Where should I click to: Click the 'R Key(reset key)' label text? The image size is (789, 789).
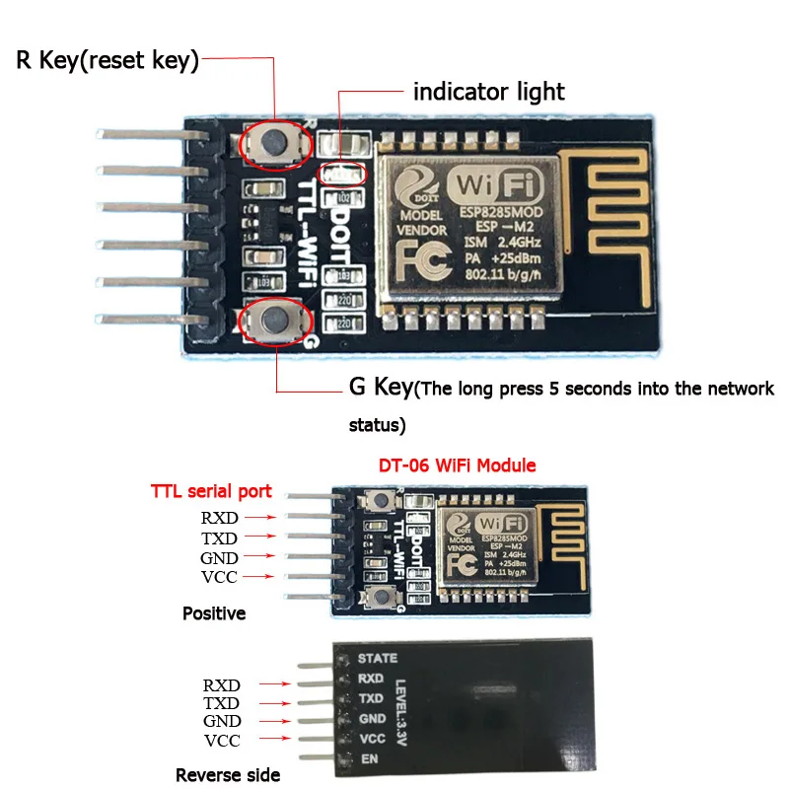tap(108, 61)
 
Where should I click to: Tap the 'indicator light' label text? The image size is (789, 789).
tap(488, 93)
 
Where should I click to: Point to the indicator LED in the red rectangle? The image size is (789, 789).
tap(351, 174)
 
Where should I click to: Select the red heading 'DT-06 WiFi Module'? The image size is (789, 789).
tap(458, 465)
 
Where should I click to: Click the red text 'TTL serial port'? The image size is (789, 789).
tap(211, 490)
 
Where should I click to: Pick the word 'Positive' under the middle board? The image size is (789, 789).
tap(214, 613)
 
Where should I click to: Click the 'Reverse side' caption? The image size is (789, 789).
tap(228, 774)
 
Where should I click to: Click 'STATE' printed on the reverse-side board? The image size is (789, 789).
tap(378, 658)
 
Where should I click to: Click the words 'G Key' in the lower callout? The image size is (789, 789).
tap(380, 387)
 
